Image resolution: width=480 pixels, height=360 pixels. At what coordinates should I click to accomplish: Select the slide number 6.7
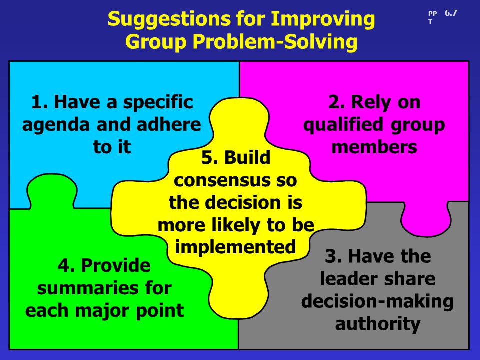coord(451,13)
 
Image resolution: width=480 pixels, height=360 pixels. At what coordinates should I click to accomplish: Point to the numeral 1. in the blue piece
coord(40,102)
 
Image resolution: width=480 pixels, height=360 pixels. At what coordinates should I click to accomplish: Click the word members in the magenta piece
coord(374,147)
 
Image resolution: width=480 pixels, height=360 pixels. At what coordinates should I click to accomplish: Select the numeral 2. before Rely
coord(337,102)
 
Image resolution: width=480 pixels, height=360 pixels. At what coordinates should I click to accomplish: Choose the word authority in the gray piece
coord(378,324)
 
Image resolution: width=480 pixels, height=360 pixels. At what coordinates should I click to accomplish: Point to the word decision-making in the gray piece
coord(377,302)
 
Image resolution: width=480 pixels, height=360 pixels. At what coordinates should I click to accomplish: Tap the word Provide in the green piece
coord(116,265)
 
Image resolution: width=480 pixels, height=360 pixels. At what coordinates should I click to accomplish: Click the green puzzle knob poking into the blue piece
coord(52,191)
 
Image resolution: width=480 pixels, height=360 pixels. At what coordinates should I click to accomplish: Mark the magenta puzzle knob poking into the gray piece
coord(426,219)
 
